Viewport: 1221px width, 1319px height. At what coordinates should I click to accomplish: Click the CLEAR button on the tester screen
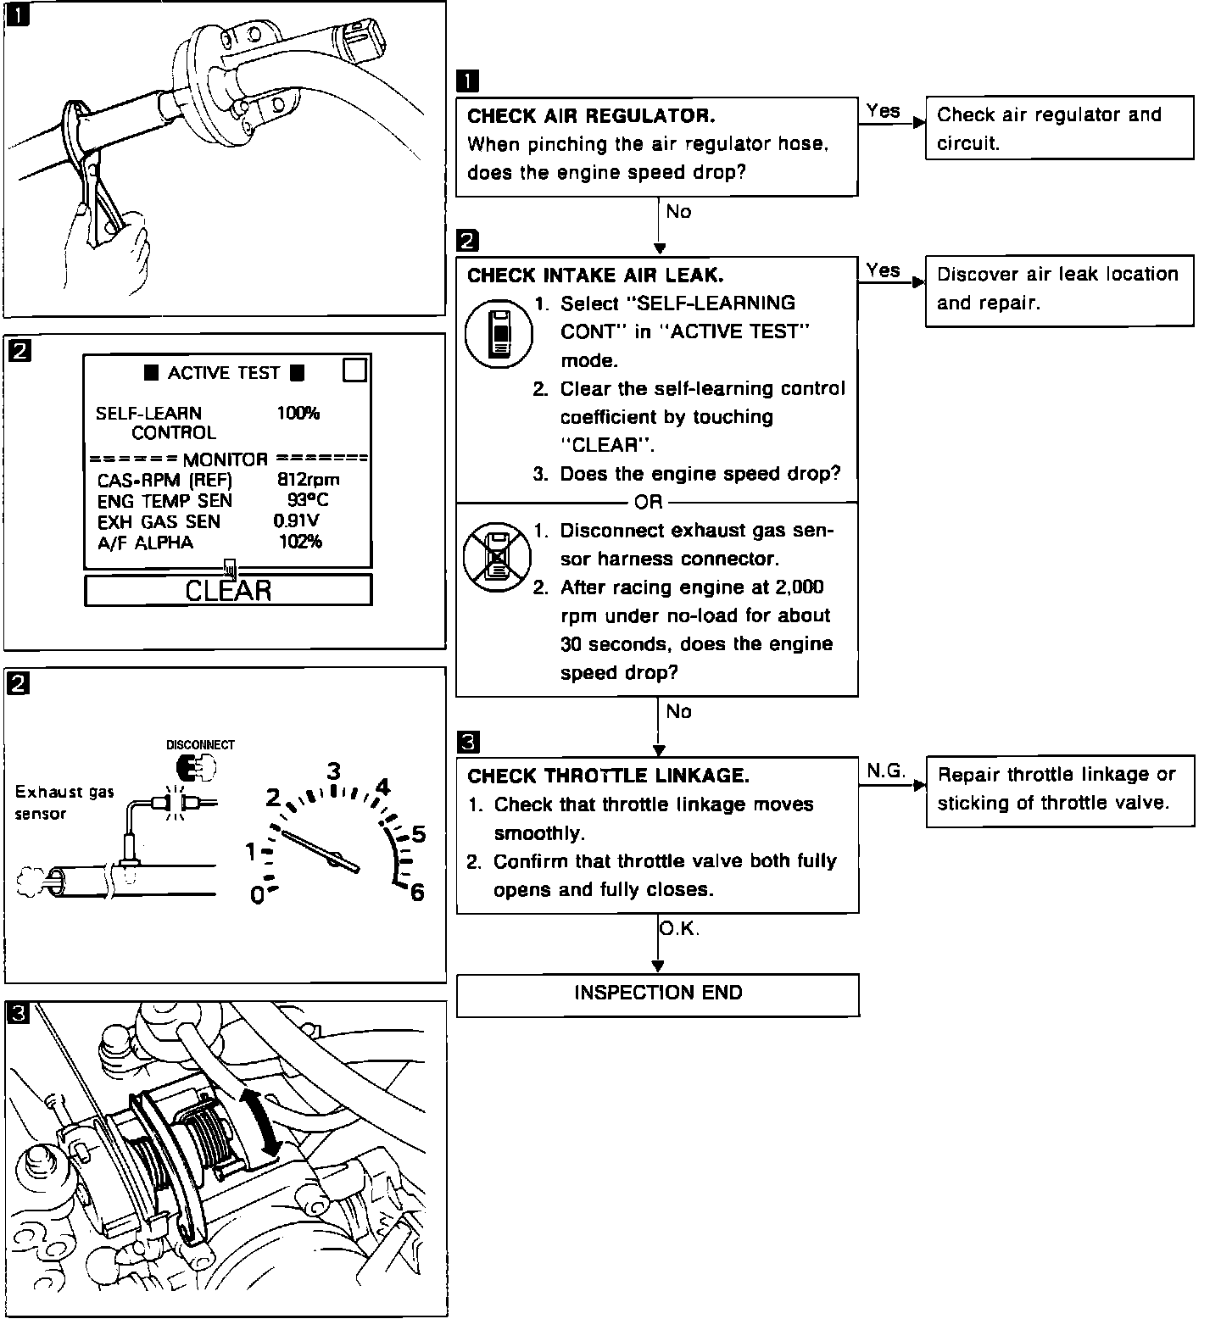coord(228,590)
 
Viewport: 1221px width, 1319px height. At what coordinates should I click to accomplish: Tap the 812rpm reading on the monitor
coord(309,480)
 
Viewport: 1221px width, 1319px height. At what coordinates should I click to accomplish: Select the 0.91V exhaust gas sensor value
coord(296,521)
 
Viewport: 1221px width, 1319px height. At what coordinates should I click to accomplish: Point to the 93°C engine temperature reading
coord(308,500)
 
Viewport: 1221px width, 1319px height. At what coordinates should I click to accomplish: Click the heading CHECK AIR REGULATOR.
coord(591,115)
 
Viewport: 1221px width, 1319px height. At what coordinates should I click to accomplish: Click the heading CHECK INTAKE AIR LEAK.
coord(595,275)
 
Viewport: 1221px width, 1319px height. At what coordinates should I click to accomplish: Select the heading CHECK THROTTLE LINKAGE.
coord(608,776)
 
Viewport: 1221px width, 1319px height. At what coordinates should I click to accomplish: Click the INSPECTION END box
coord(658,993)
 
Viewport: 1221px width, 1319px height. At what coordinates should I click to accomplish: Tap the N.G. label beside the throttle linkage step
coord(885,771)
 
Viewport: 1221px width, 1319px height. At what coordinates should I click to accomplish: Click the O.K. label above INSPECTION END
coord(679,929)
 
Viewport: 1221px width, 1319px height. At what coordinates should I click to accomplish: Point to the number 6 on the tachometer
coord(416,893)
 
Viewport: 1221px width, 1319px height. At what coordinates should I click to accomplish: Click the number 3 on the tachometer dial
coord(334,771)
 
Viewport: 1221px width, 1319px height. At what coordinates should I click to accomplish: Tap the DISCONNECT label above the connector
coord(200,745)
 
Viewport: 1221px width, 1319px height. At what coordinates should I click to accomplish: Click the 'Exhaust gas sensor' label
coord(64,803)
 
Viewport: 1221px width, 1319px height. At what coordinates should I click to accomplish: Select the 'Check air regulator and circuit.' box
coord(1059,129)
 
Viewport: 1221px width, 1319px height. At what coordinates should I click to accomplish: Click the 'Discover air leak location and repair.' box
coord(1059,289)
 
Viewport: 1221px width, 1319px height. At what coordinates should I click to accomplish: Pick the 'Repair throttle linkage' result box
coord(1059,789)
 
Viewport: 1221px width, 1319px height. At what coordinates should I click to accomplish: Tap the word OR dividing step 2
coord(648,503)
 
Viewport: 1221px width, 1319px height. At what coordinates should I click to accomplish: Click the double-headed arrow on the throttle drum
coord(262,1121)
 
